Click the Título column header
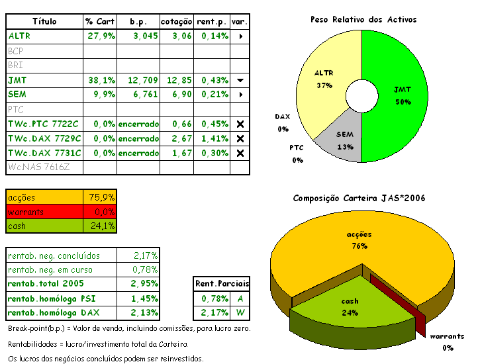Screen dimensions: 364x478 [x=44, y=21]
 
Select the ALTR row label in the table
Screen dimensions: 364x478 [x=20, y=36]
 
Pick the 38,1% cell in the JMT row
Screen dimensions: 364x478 [x=101, y=80]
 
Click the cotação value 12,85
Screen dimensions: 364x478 [x=179, y=80]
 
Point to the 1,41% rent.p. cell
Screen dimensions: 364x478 [x=211, y=138]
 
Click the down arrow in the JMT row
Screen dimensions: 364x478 [x=240, y=80]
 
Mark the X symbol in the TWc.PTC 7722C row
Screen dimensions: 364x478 [x=240, y=124]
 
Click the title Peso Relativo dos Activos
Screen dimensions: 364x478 [x=363, y=20]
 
